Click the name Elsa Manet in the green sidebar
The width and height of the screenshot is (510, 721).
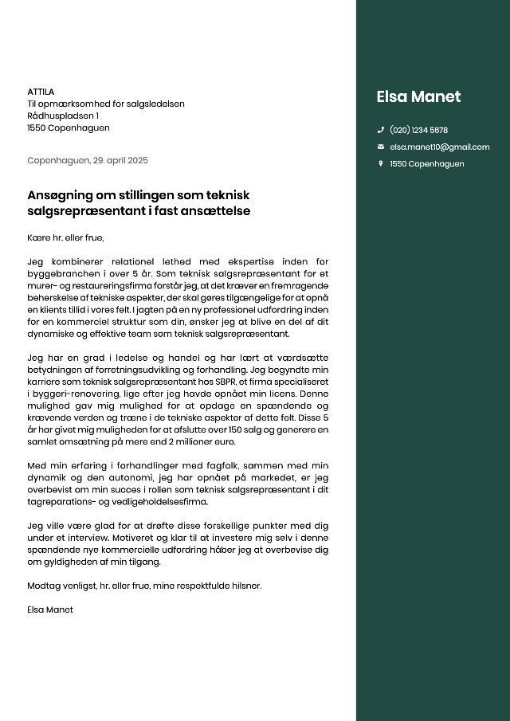pyautogui.click(x=418, y=97)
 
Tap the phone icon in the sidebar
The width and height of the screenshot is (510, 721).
pyautogui.click(x=381, y=130)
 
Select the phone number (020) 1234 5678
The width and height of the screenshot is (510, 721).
pyautogui.click(x=418, y=130)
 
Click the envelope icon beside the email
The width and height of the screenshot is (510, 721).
pyautogui.click(x=381, y=147)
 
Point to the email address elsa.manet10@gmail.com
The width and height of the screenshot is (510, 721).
pyautogui.click(x=439, y=147)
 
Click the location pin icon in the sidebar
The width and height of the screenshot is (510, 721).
pyautogui.click(x=381, y=163)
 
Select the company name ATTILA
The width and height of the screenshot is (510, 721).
pyautogui.click(x=41, y=92)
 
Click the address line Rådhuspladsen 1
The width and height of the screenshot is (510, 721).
pyautogui.click(x=63, y=116)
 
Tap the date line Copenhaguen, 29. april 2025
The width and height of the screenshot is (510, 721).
pyautogui.click(x=88, y=160)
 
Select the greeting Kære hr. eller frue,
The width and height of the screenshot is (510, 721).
pyautogui.click(x=65, y=237)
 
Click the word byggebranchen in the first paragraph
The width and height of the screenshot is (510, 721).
pyautogui.click(x=64, y=273)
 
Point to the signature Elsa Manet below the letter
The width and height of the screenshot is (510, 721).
pyautogui.click(x=50, y=609)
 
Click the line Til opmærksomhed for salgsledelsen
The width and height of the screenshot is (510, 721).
pyautogui.click(x=106, y=104)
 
